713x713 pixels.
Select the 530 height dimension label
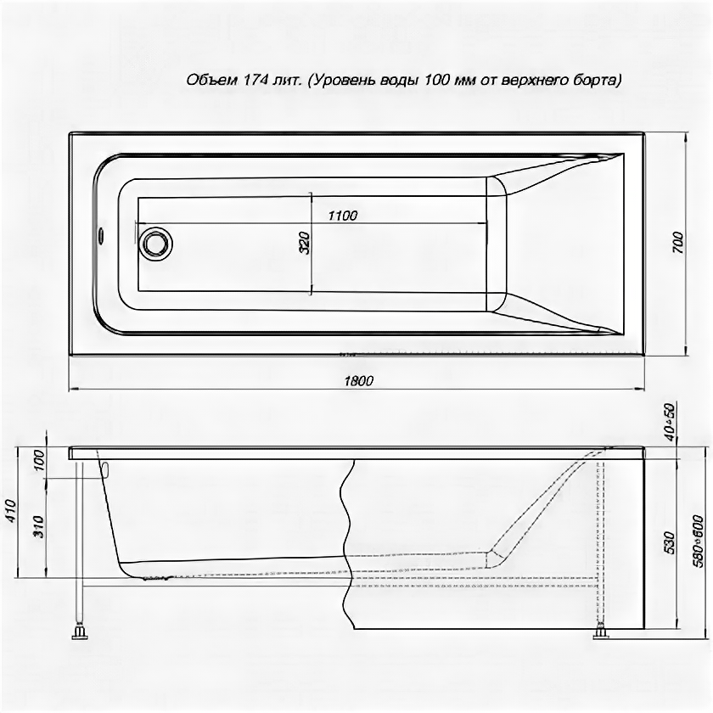(670, 541)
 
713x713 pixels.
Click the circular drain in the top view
(156, 244)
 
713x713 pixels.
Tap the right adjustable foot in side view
(602, 631)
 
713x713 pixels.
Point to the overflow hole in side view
(105, 468)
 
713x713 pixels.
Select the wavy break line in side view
(347, 543)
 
